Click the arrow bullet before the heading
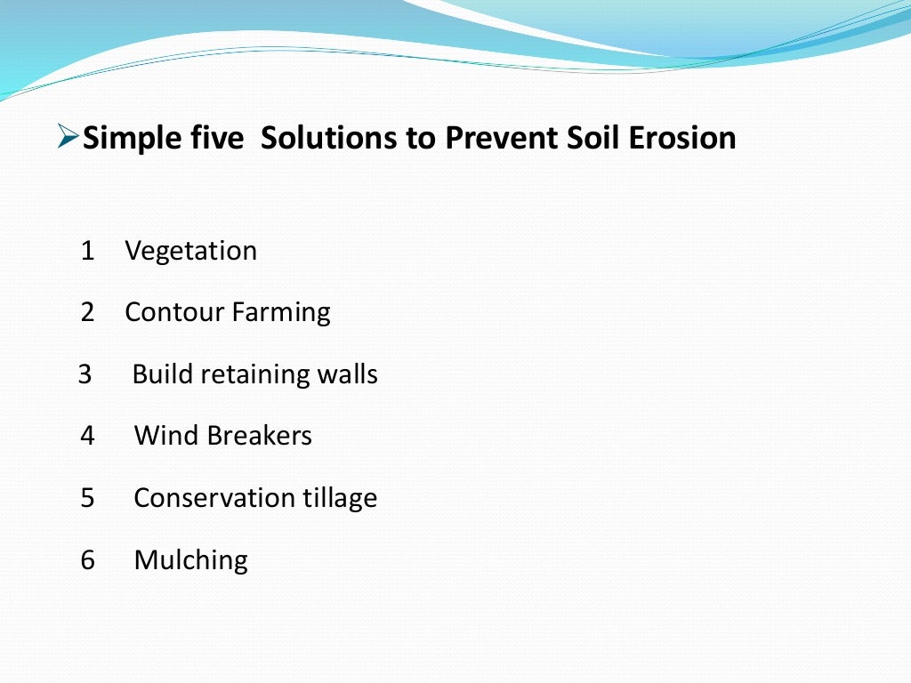click(68, 138)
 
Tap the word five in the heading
click(216, 138)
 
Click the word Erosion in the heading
click(681, 138)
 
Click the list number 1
click(87, 251)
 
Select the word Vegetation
click(190, 252)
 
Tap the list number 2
click(87, 312)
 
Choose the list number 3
click(85, 374)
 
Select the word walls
click(348, 374)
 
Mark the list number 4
click(87, 436)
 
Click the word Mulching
click(190, 560)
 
